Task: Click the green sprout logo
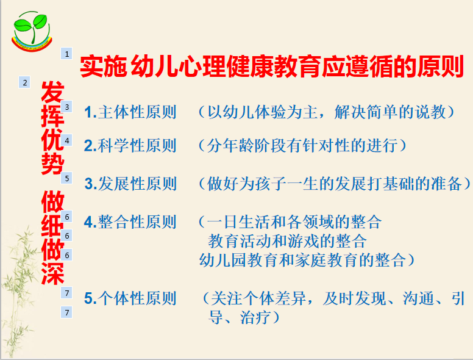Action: pos(31,31)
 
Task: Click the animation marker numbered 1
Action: pos(66,54)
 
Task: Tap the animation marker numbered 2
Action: pos(24,82)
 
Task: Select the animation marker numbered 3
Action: pos(66,107)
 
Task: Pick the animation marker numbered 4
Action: pos(66,140)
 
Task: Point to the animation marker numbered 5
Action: pos(66,178)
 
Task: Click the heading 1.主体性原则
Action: pos(130,112)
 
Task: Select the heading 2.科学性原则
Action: pos(130,146)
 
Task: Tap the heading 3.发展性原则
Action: pos(130,184)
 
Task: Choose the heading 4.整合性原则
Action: pos(130,222)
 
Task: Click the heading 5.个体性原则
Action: pos(130,298)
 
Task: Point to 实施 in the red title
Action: pos(103,66)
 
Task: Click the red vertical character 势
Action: pos(53,164)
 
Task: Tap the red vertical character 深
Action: pos(53,273)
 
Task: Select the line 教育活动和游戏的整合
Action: pos(287,241)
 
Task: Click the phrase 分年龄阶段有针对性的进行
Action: pos(302,146)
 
